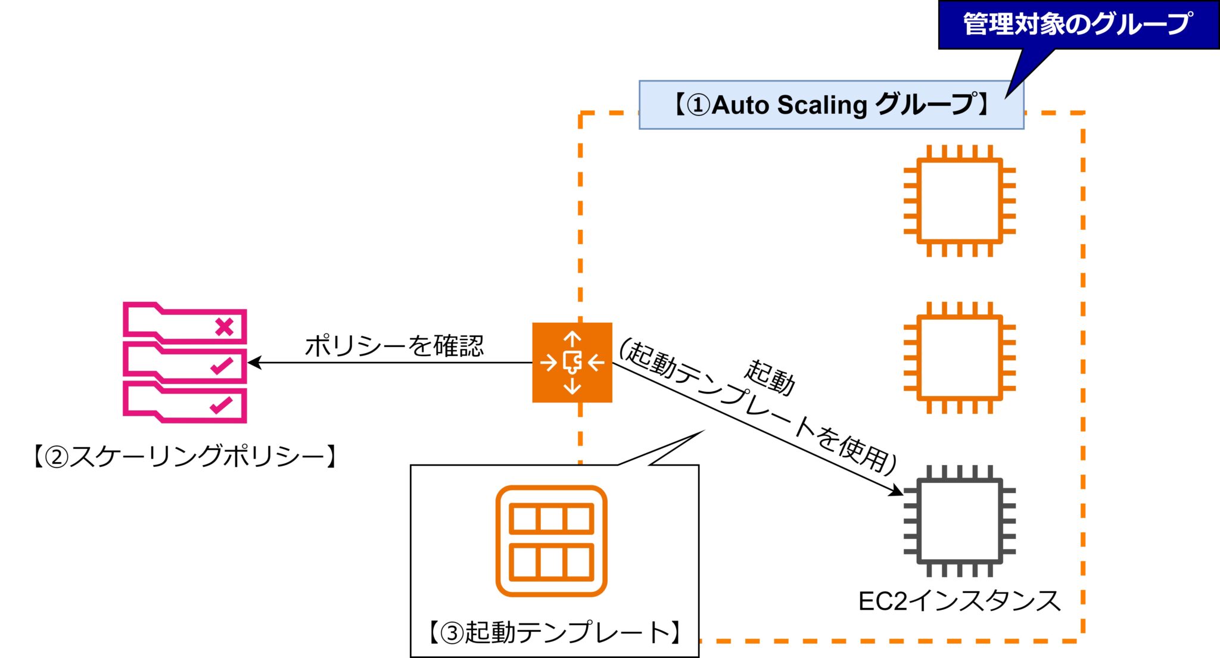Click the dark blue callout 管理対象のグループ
click(1078, 24)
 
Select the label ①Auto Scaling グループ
click(831, 105)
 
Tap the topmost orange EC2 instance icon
click(959, 201)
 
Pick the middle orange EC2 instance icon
click(959, 357)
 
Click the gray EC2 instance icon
click(959, 521)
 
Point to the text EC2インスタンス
click(959, 601)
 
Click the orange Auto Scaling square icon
click(572, 362)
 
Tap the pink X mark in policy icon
click(225, 327)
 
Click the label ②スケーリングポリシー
click(185, 457)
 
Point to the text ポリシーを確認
click(394, 345)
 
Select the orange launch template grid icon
click(551, 541)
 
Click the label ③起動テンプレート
click(554, 632)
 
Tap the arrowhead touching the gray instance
click(897, 491)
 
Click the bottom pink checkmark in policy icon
click(220, 406)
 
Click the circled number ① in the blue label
click(698, 105)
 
